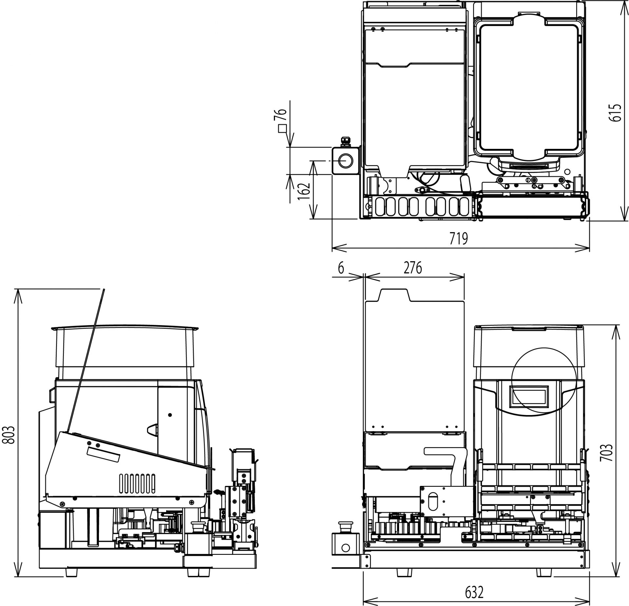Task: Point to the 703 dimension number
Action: tap(606, 452)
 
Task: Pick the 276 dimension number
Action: tap(413, 268)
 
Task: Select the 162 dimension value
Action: tap(304, 191)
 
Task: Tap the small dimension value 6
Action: tap(341, 268)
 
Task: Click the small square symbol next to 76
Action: tap(282, 129)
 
